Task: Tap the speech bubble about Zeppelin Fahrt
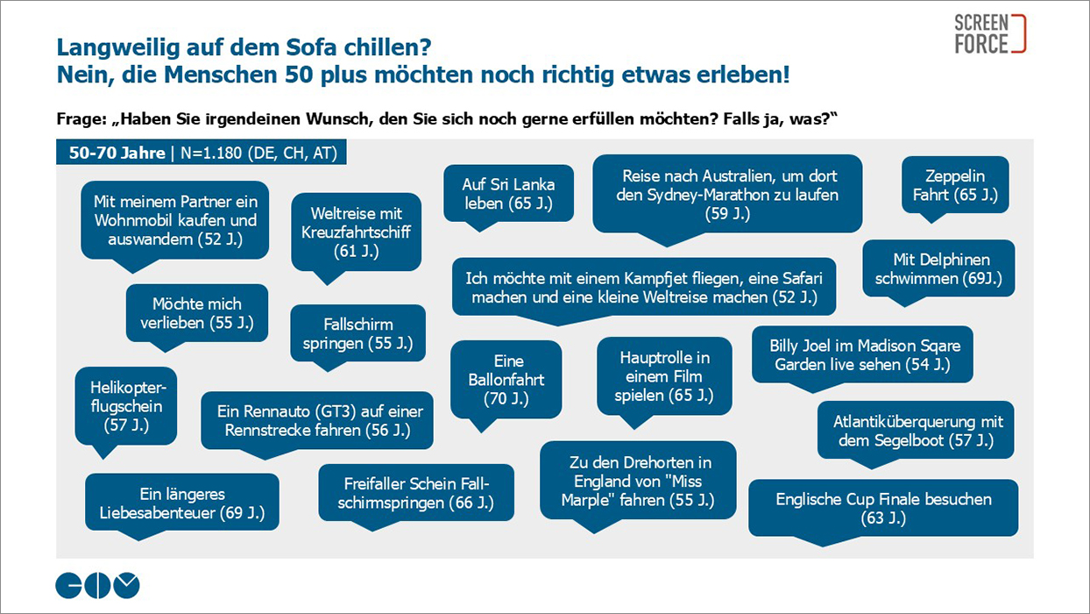(x=955, y=185)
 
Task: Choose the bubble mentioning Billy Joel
(x=862, y=354)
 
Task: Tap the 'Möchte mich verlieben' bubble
(x=197, y=313)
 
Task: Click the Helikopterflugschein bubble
(x=126, y=406)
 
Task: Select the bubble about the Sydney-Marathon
(x=727, y=194)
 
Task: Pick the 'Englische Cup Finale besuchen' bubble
(x=883, y=508)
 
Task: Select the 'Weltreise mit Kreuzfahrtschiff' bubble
(x=356, y=232)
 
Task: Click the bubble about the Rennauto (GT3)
(x=317, y=420)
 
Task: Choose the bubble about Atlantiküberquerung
(x=917, y=430)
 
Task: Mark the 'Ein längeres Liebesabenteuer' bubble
(x=182, y=503)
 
